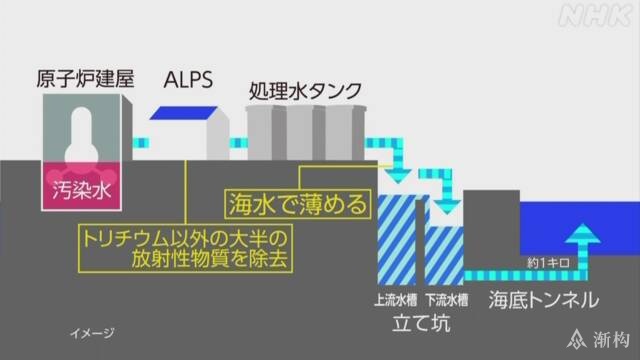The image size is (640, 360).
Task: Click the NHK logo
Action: (596, 17)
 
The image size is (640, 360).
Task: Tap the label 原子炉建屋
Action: (85, 79)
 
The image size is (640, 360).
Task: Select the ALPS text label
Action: (188, 80)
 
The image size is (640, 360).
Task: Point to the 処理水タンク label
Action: (306, 91)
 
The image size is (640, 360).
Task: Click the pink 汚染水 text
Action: (82, 190)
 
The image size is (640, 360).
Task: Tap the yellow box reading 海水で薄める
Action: (298, 204)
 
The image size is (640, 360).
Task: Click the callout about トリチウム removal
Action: (185, 248)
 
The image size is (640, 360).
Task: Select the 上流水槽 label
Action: (396, 300)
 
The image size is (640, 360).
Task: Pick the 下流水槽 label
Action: (447, 300)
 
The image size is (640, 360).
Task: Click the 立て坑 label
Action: (422, 323)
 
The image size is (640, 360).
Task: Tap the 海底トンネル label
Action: (544, 300)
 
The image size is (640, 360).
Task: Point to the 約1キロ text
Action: (548, 263)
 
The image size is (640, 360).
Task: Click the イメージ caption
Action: (92, 333)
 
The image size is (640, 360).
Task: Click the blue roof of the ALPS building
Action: (183, 113)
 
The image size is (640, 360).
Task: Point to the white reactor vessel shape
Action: (81, 137)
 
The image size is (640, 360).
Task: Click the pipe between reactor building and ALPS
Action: (141, 143)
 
